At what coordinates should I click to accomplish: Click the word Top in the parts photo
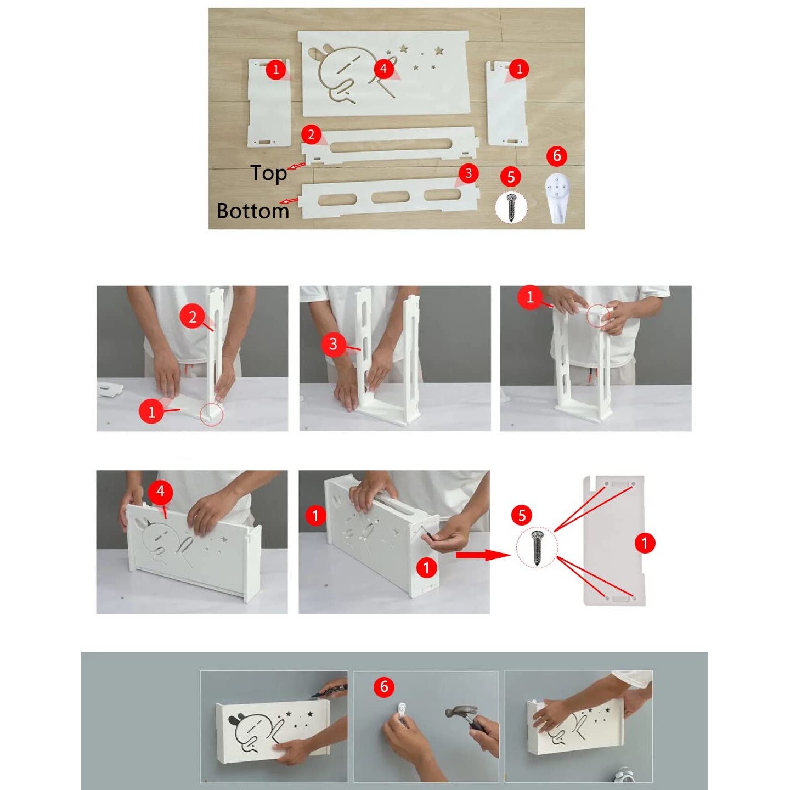(268, 173)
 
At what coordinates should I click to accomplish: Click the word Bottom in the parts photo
(252, 211)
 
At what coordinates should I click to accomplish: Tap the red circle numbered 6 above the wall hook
(556, 156)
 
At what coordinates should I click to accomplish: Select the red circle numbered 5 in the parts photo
(510, 177)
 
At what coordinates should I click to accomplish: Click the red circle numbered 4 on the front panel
(383, 68)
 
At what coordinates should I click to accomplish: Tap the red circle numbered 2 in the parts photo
(311, 134)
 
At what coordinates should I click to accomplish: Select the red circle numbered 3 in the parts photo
(468, 173)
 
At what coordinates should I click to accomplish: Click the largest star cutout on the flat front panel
(439, 51)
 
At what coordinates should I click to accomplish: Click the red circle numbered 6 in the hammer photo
(384, 686)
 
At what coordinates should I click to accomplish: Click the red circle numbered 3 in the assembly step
(333, 343)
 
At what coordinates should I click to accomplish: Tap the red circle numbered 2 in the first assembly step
(192, 317)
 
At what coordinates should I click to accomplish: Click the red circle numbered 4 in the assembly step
(160, 490)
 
